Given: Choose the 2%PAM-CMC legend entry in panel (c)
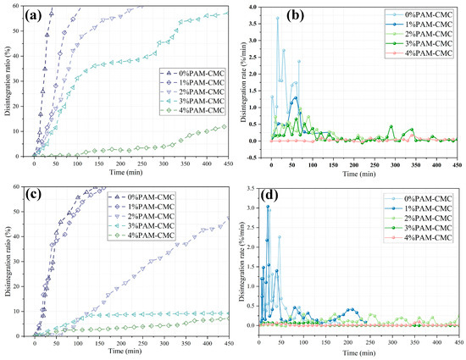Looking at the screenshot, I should pos(186,219).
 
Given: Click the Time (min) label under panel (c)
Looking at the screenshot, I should pos(127,348).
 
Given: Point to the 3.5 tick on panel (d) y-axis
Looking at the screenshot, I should pos(254,189).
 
